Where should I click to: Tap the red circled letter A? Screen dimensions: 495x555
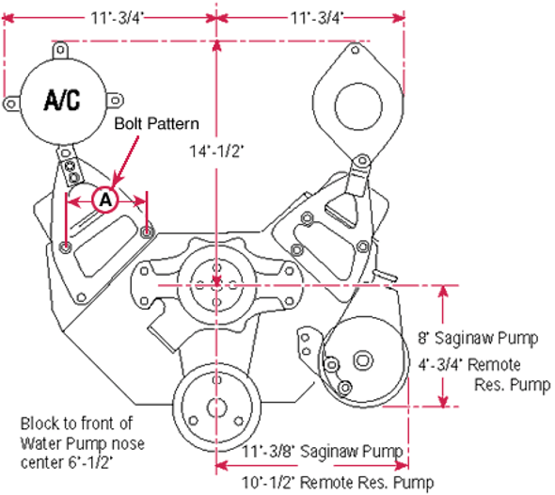coord(105,200)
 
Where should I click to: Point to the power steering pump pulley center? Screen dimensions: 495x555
coord(361,359)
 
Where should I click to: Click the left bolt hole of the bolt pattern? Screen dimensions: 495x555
coord(64,247)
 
